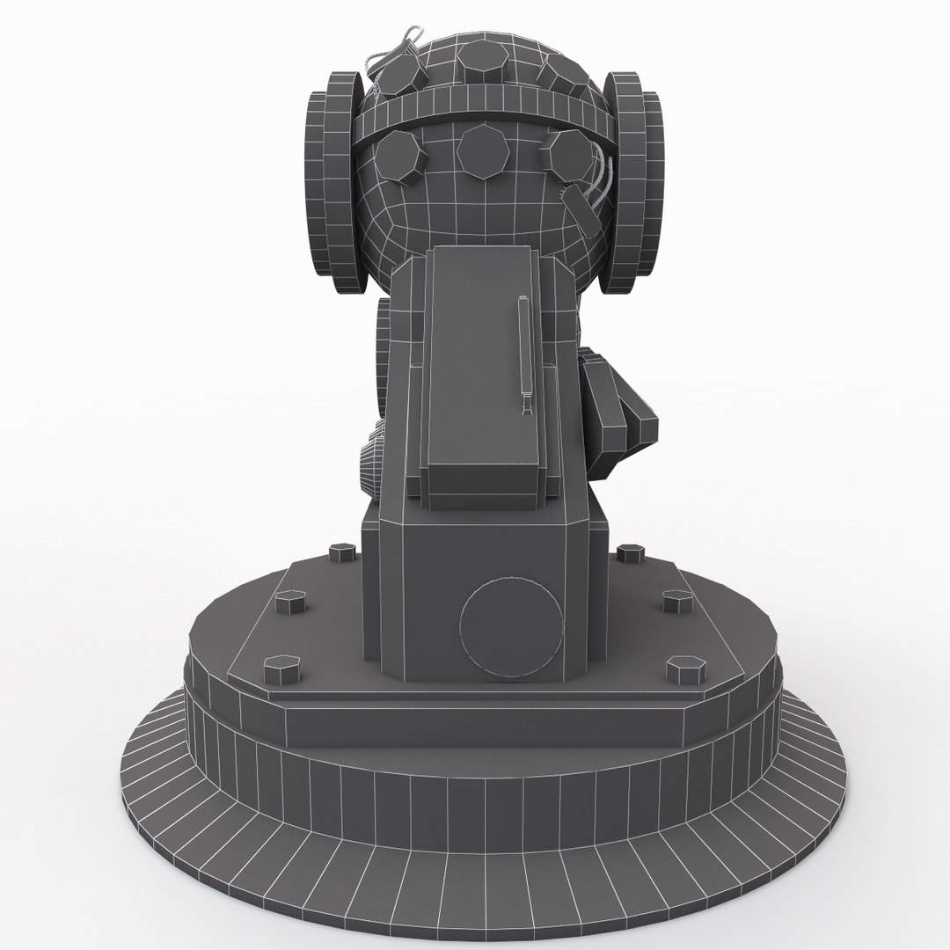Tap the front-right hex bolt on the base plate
[x=683, y=670]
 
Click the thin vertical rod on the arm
[x=524, y=352]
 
